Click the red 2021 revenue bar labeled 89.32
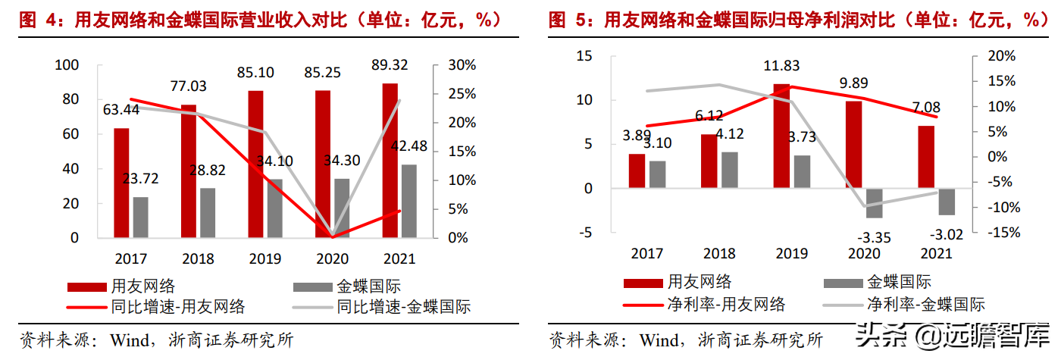tap(390, 160)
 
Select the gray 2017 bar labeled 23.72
tap(140, 217)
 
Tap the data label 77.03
tap(188, 86)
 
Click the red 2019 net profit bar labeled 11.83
tap(781, 136)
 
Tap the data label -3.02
tap(944, 234)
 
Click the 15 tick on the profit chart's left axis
tap(584, 55)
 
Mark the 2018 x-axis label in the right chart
tap(719, 253)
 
